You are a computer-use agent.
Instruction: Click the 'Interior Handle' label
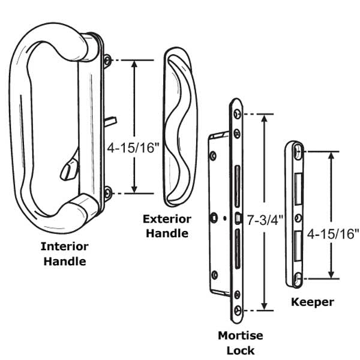(x=64, y=254)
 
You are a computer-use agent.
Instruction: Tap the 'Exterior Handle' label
(x=167, y=226)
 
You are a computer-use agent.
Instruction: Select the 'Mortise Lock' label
(x=241, y=343)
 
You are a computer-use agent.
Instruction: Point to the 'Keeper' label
(x=312, y=302)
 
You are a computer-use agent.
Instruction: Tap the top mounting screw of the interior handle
(x=107, y=60)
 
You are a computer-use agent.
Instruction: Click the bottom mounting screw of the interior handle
(x=107, y=193)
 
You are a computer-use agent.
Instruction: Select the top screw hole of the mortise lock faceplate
(x=238, y=114)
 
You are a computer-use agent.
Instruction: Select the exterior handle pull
(x=179, y=126)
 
